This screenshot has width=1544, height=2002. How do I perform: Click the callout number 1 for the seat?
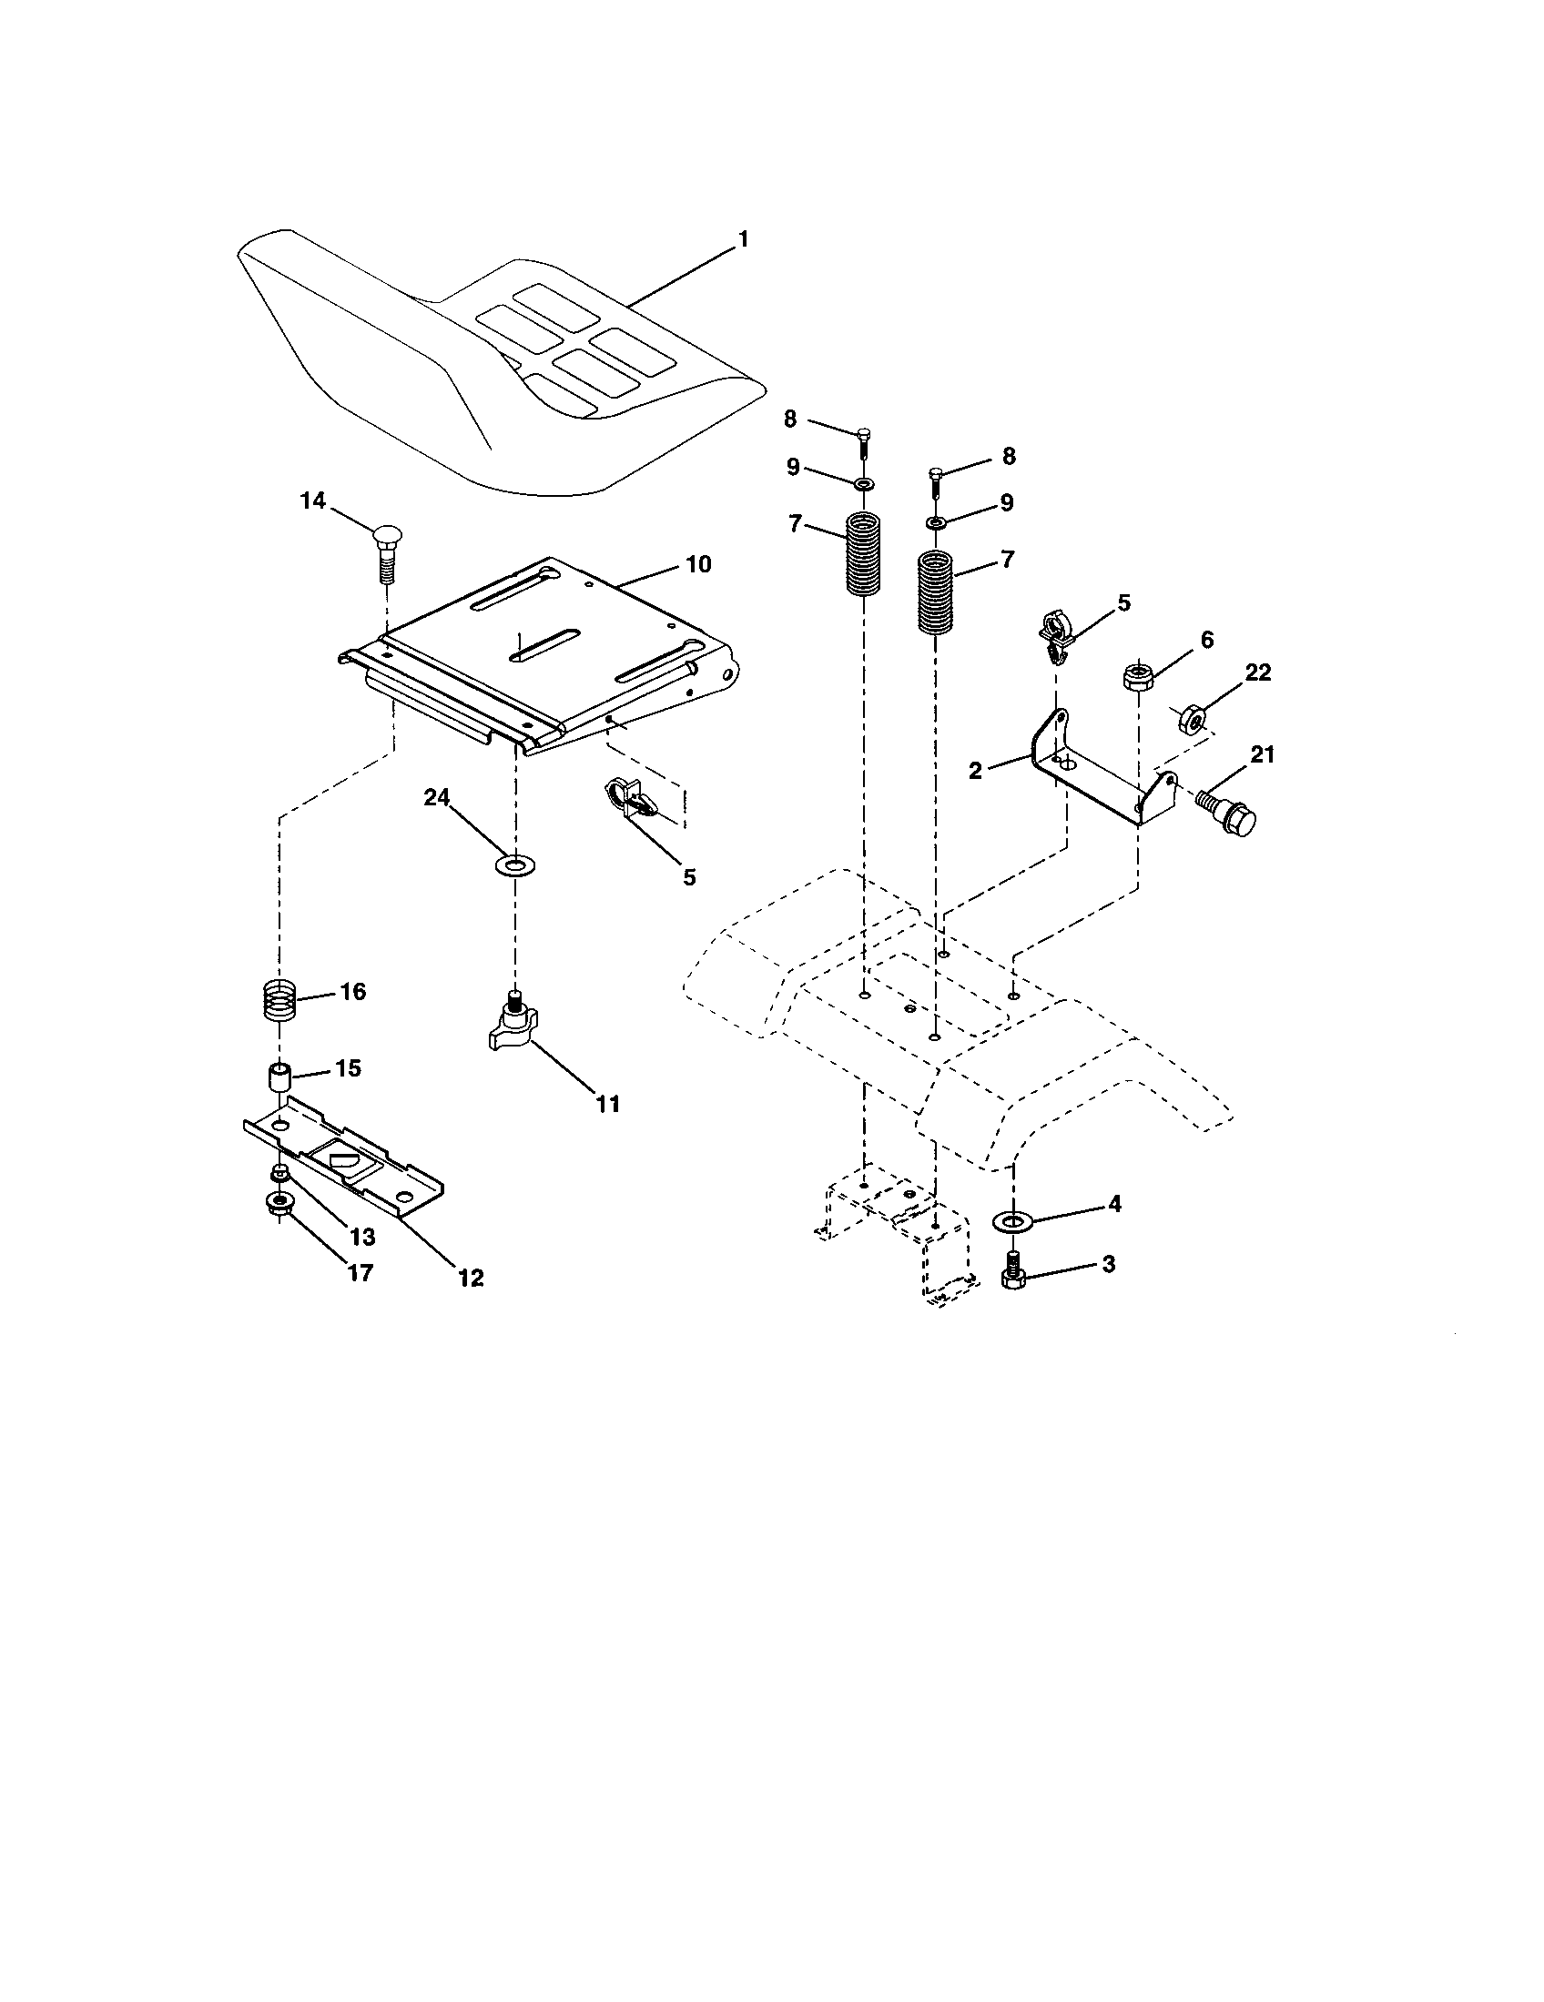click(743, 239)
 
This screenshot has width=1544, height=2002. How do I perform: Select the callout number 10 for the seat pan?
click(697, 565)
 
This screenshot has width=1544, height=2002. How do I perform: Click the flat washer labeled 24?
click(515, 864)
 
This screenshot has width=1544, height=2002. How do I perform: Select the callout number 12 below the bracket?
click(471, 1277)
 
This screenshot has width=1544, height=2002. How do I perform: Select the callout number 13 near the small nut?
click(362, 1238)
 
